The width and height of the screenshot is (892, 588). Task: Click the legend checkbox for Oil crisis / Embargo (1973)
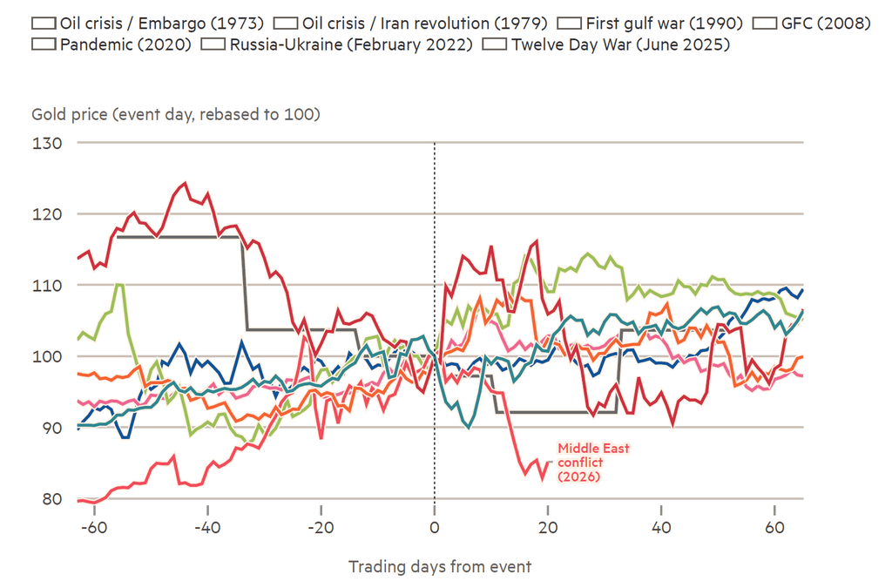point(43,24)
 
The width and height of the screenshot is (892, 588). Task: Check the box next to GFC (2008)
point(765,24)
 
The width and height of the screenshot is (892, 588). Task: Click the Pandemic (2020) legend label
point(125,44)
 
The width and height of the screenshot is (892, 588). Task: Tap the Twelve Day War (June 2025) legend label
point(620,44)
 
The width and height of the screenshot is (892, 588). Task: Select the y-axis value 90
point(50,428)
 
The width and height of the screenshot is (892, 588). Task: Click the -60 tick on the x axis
point(93,529)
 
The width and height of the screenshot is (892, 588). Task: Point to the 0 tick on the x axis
point(434,529)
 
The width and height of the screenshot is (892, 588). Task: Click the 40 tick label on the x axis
point(661,529)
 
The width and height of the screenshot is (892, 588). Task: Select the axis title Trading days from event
point(440,566)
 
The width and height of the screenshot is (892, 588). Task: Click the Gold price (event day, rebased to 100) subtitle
point(176,114)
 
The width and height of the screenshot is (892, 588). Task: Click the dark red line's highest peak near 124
point(184,184)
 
